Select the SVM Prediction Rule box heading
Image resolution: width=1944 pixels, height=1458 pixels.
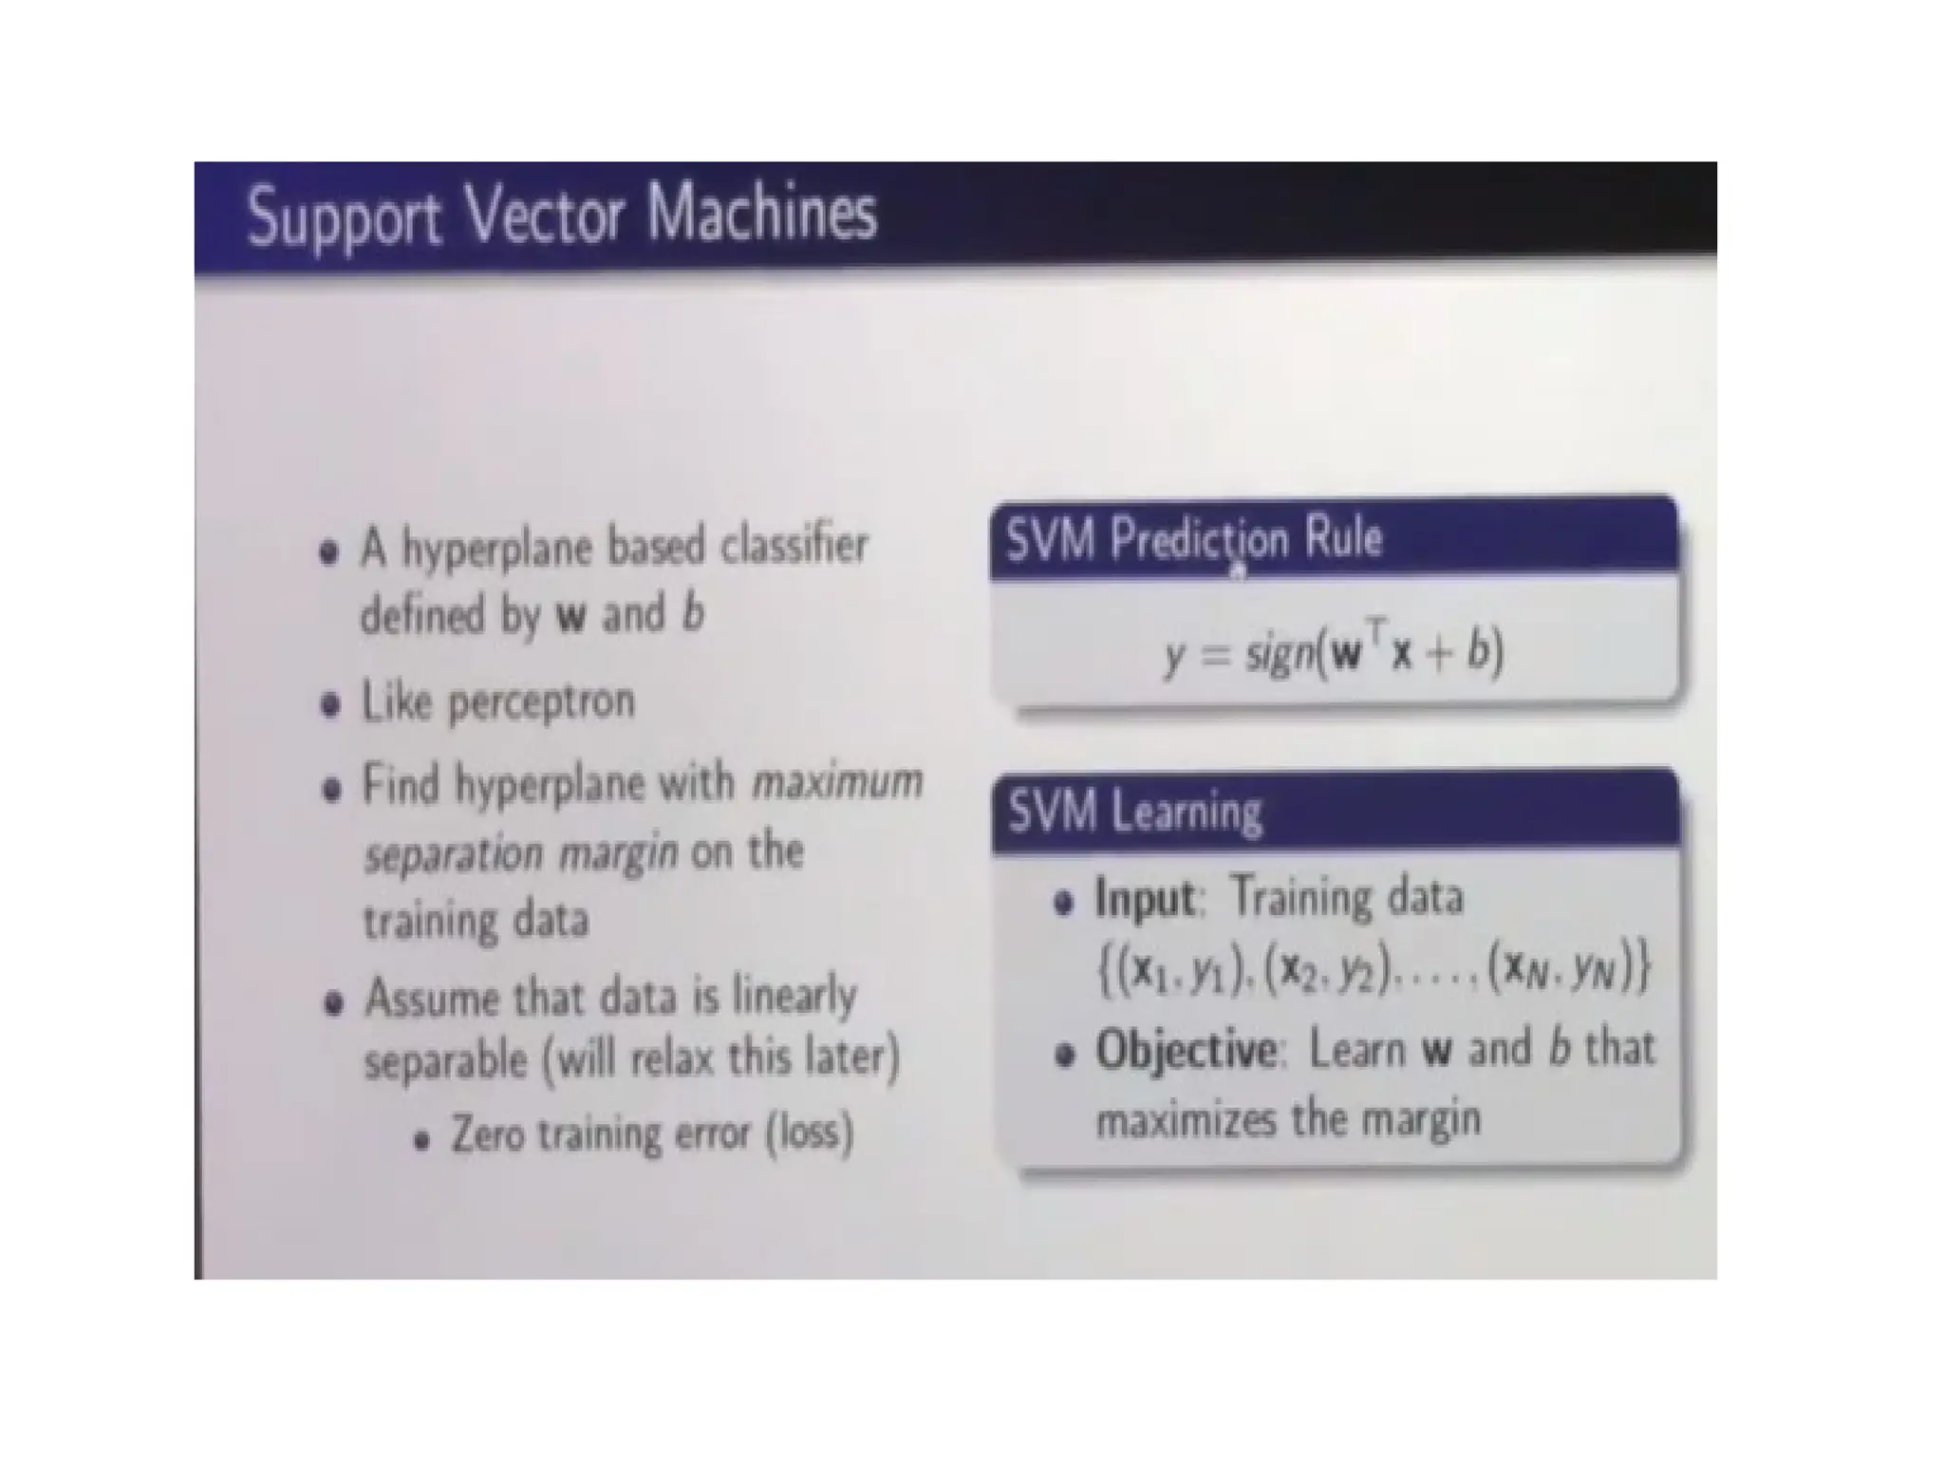pos(1194,539)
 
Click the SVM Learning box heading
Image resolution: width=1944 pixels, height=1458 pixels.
pos(1135,813)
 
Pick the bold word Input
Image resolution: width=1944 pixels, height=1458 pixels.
pos(1145,898)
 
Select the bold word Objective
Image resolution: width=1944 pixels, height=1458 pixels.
pos(1187,1051)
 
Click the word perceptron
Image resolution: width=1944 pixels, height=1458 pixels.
pos(540,702)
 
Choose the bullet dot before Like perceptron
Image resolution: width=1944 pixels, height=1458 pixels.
pos(330,705)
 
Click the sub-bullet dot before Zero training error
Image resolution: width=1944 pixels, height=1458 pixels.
pos(423,1139)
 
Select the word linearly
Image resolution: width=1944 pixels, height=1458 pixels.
pos(794,996)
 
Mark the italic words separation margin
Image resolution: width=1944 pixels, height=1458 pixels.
pos(521,854)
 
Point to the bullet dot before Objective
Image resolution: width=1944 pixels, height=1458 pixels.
pos(1066,1055)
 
